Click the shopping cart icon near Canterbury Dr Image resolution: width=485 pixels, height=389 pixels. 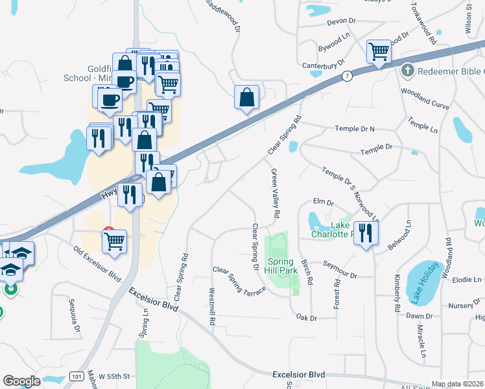click(x=378, y=51)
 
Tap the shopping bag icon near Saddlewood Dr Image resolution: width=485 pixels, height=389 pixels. click(x=246, y=98)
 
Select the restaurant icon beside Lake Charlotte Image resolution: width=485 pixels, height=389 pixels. click(x=365, y=234)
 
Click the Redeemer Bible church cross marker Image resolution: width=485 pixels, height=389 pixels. click(x=408, y=70)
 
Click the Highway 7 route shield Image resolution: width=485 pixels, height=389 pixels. click(x=348, y=76)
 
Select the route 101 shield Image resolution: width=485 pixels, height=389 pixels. click(x=75, y=377)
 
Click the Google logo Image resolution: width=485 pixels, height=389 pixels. click(x=21, y=381)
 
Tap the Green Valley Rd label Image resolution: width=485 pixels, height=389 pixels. click(x=276, y=193)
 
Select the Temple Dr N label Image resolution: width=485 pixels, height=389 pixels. click(x=355, y=129)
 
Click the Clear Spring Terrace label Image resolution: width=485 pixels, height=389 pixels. click(x=239, y=281)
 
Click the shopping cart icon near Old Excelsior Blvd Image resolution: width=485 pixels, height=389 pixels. click(x=114, y=241)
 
